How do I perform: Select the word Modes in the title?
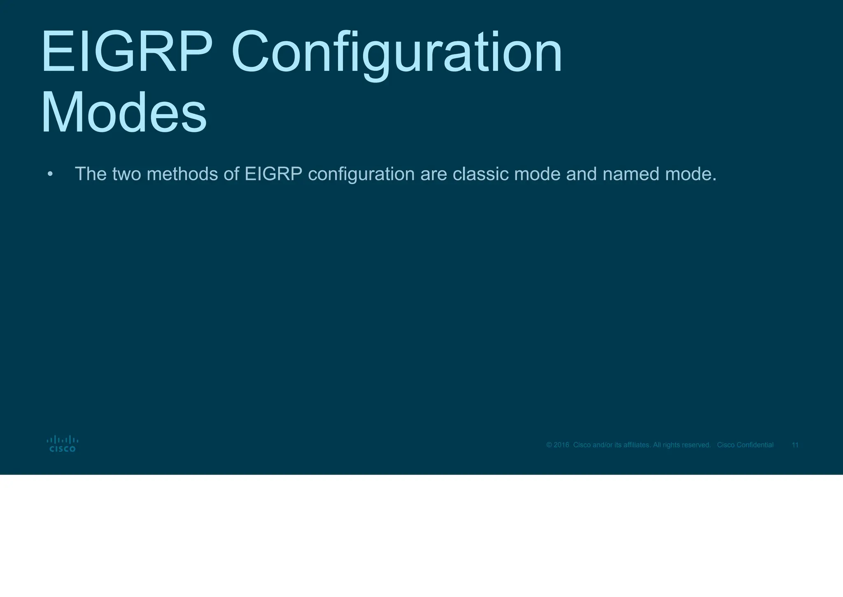pos(124,113)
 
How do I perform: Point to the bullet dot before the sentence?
pos(50,174)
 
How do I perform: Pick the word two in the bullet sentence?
pos(126,174)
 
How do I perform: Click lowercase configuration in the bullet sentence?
pos(361,175)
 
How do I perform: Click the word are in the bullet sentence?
pos(433,175)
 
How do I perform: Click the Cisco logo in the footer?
pos(63,444)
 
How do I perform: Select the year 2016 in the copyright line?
pos(561,445)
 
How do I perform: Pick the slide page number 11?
pos(795,445)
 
